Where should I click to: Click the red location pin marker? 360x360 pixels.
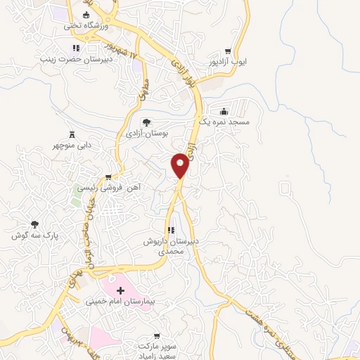point(181,165)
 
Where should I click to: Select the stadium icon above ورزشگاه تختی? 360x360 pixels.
point(86,15)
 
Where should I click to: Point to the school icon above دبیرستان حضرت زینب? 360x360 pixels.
point(75,48)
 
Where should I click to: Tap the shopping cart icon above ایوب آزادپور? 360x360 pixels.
point(228,51)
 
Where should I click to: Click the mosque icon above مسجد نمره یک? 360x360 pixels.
point(224,111)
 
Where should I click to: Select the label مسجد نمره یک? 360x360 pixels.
point(224,122)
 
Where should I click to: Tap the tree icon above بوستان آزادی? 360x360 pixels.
point(146,122)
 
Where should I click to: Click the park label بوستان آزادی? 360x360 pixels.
point(146,132)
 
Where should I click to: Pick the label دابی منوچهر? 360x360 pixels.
point(73,146)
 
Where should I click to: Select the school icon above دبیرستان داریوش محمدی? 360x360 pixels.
point(170,231)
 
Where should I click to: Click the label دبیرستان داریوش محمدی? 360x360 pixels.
point(171,245)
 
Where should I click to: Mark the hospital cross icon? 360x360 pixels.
point(120,290)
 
